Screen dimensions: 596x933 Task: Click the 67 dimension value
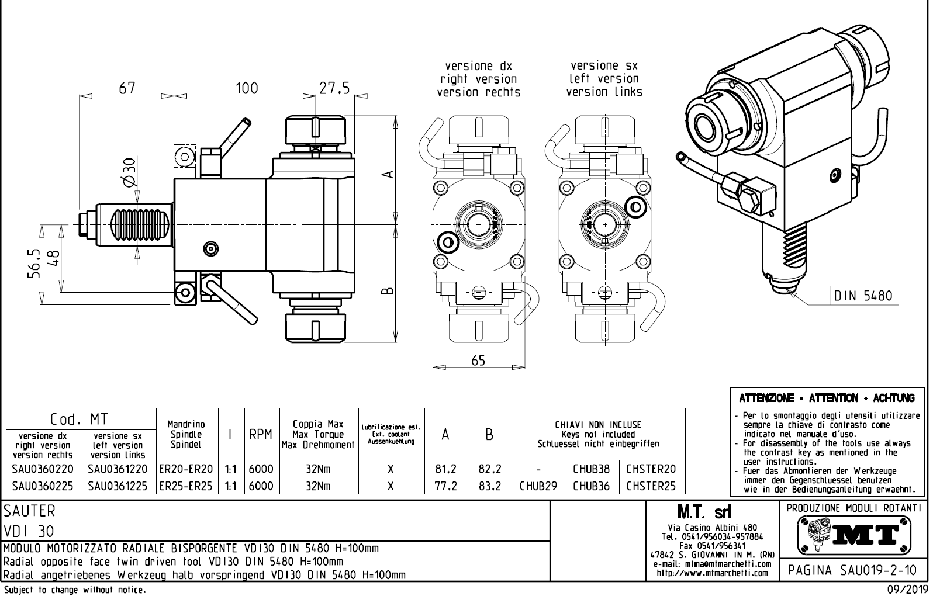click(x=127, y=88)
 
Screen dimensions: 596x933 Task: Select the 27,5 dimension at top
click(x=334, y=88)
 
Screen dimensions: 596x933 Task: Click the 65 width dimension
click(x=478, y=361)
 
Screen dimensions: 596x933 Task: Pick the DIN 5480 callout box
click(x=863, y=296)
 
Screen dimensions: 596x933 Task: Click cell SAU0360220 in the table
click(x=43, y=469)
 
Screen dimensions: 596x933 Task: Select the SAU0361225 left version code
click(x=118, y=486)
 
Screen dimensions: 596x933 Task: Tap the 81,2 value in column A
click(x=446, y=469)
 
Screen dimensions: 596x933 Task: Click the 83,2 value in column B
click(x=490, y=486)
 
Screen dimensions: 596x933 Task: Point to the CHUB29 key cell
click(x=538, y=486)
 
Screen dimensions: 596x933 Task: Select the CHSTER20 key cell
click(x=651, y=469)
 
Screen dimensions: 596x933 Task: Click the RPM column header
click(x=261, y=434)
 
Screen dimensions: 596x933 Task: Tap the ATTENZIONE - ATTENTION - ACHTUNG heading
click(x=827, y=399)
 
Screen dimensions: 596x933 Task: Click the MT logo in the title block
click(x=853, y=533)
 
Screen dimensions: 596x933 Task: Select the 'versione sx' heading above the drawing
click(x=604, y=65)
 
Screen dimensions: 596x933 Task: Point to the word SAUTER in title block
click(x=29, y=511)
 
